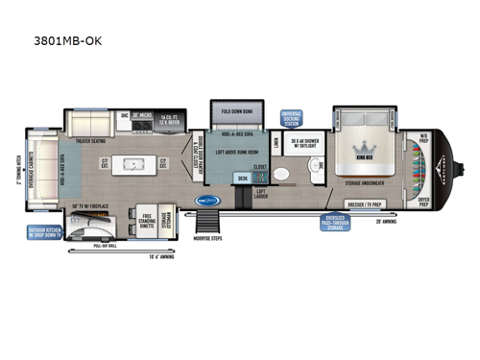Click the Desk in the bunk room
tap(242, 178)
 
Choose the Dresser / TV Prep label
tap(364, 204)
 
